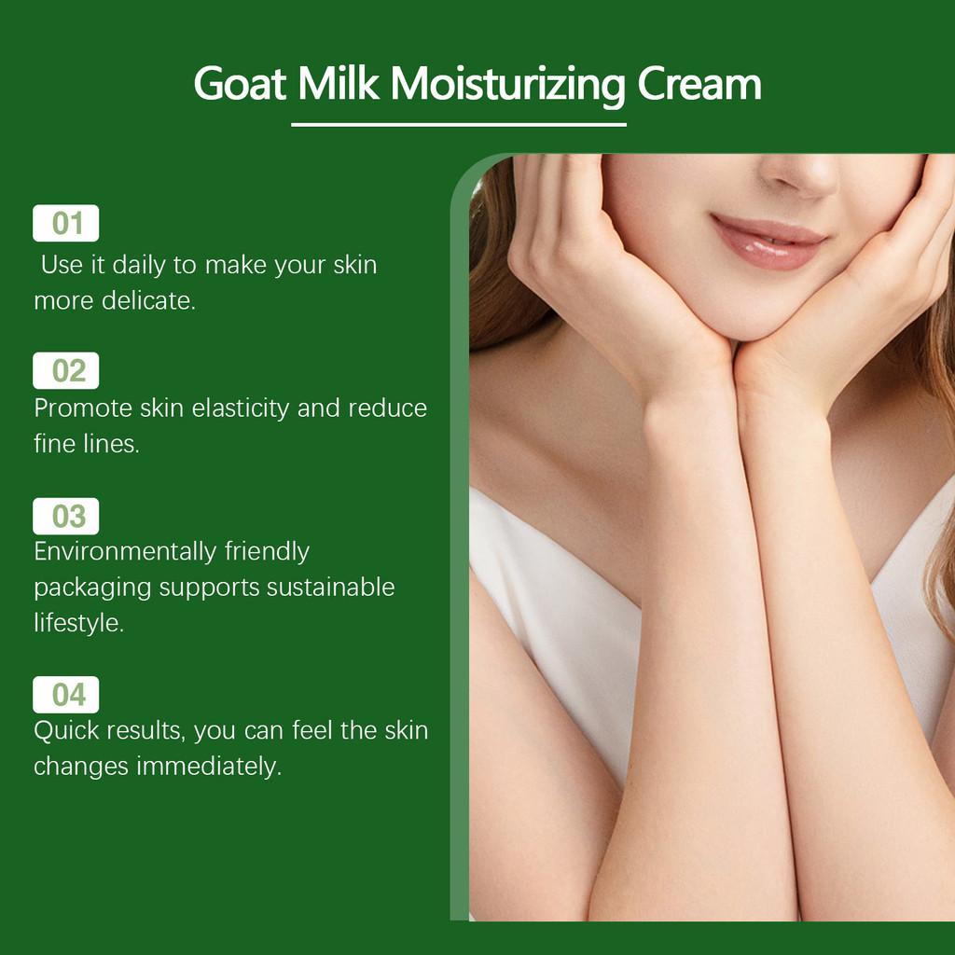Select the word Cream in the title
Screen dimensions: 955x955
click(699, 84)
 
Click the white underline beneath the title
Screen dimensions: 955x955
click(458, 124)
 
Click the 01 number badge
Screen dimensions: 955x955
click(66, 224)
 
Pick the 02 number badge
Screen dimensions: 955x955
click(66, 371)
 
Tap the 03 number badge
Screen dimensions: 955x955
click(66, 516)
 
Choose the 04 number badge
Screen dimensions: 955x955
click(66, 695)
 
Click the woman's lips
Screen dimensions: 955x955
click(767, 241)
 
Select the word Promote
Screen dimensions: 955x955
click(77, 408)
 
